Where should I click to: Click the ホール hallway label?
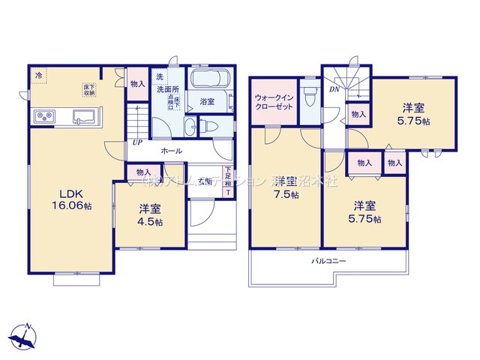point(171,151)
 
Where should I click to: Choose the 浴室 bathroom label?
point(208,100)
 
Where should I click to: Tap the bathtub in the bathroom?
point(210,80)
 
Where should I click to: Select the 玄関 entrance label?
point(203,181)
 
